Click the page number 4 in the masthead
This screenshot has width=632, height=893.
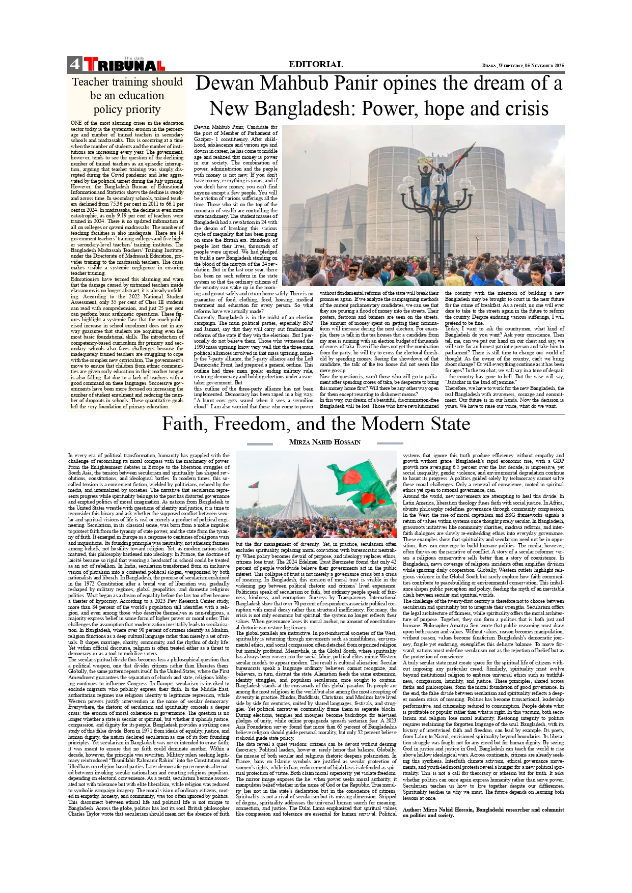[x=74, y=64]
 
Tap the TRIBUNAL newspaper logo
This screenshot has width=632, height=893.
[x=124, y=65]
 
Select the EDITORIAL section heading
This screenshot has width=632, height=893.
[x=316, y=64]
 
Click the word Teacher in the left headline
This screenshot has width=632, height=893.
[x=91, y=82]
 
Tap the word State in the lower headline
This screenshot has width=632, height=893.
[x=448, y=424]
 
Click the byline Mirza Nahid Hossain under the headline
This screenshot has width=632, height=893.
[x=324, y=442]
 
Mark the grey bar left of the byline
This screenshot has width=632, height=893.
[x=260, y=444]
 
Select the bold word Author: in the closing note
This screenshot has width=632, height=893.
[x=412, y=810]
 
